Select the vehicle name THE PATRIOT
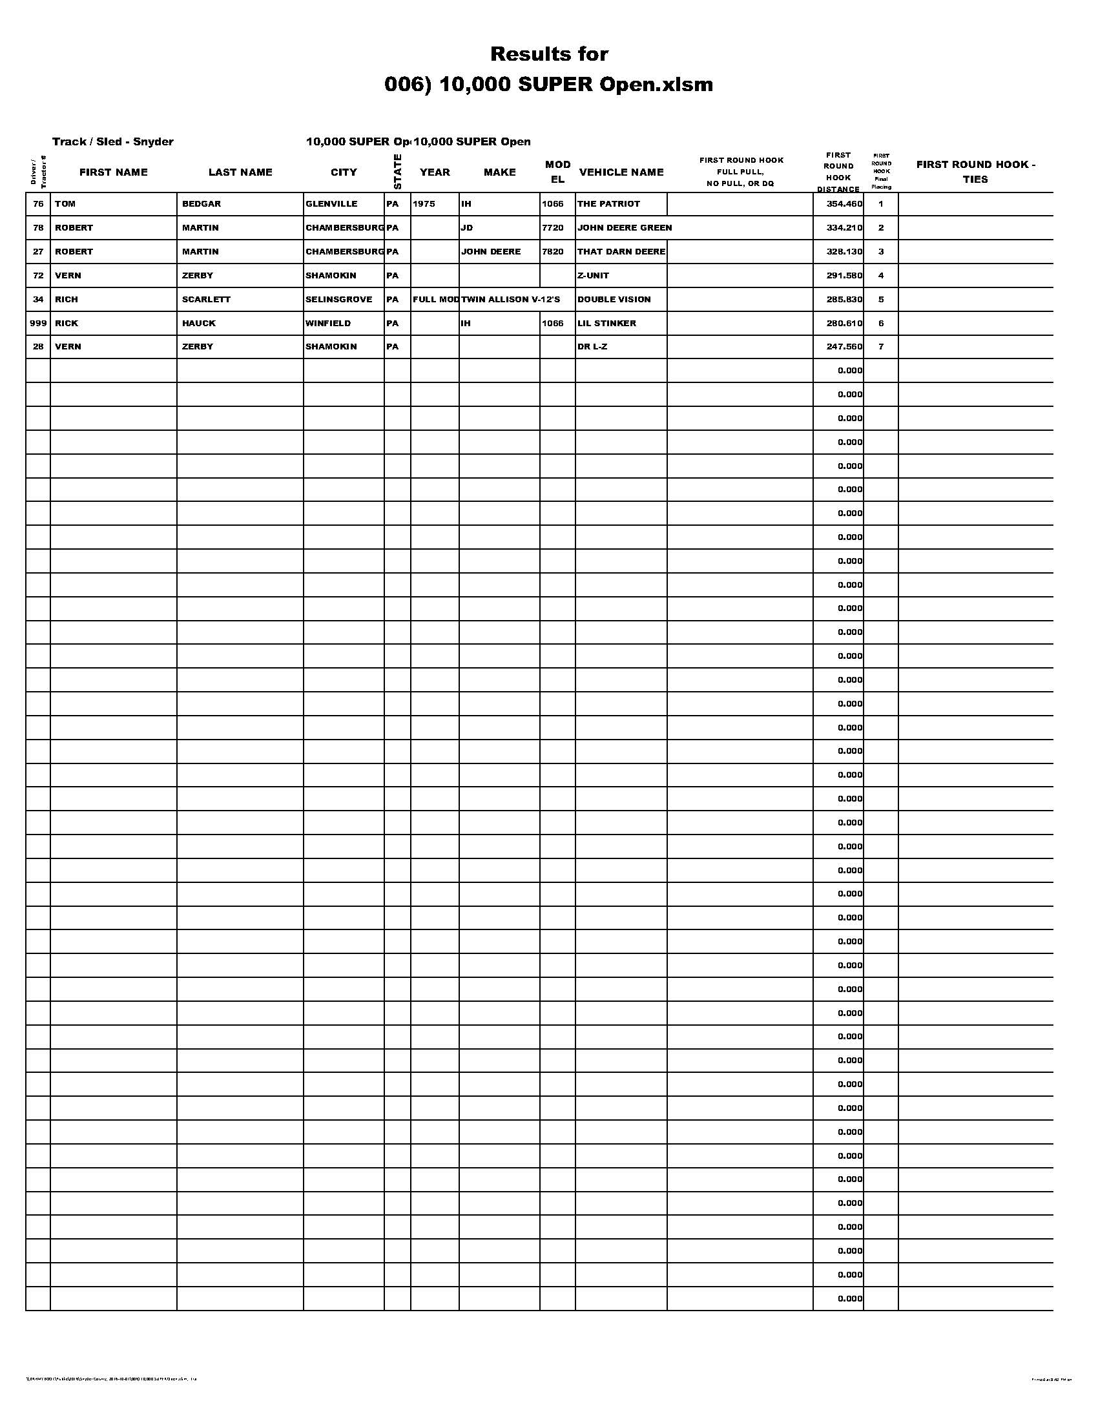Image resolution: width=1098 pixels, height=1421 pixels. pyautogui.click(x=608, y=203)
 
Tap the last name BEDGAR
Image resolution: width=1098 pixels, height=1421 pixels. pyautogui.click(x=202, y=203)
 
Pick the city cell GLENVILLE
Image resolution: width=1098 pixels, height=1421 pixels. pyautogui.click(x=331, y=203)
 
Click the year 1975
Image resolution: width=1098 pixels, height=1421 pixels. pyautogui.click(x=424, y=203)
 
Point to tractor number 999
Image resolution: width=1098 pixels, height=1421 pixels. pyautogui.click(x=38, y=323)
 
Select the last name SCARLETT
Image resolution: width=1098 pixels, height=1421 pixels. pyautogui.click(x=206, y=299)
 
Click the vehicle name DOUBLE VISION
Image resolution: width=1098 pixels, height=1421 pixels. pyautogui.click(x=614, y=299)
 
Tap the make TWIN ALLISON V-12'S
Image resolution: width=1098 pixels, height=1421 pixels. pyautogui.click(x=510, y=299)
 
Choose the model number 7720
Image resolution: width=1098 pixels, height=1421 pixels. pyautogui.click(x=552, y=228)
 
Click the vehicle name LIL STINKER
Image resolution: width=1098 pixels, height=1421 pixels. pyautogui.click(x=606, y=323)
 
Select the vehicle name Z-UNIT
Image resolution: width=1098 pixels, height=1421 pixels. pyautogui.click(x=592, y=275)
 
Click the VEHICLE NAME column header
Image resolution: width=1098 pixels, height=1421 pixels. pyautogui.click(x=621, y=172)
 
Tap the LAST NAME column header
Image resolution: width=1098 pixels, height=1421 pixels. pyautogui.click(x=240, y=172)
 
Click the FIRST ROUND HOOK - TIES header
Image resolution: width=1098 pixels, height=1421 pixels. pyautogui.click(x=975, y=172)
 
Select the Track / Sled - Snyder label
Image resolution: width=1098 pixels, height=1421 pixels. pyautogui.click(x=112, y=141)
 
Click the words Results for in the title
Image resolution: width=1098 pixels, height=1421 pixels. pyautogui.click(x=549, y=54)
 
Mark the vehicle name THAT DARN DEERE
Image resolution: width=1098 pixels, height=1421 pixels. pyautogui.click(x=621, y=251)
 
